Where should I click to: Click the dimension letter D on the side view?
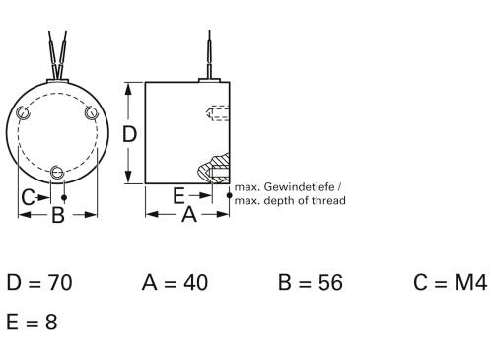click(128, 133)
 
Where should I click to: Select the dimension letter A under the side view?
click(189, 214)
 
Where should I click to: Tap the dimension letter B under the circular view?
click(57, 215)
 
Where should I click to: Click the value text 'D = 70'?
click(39, 284)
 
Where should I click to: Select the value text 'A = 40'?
click(175, 284)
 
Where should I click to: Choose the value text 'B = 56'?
click(310, 284)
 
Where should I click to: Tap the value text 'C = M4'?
click(450, 284)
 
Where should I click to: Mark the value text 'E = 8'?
click(32, 322)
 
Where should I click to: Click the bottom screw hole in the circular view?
click(58, 174)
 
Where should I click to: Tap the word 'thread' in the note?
click(326, 200)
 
